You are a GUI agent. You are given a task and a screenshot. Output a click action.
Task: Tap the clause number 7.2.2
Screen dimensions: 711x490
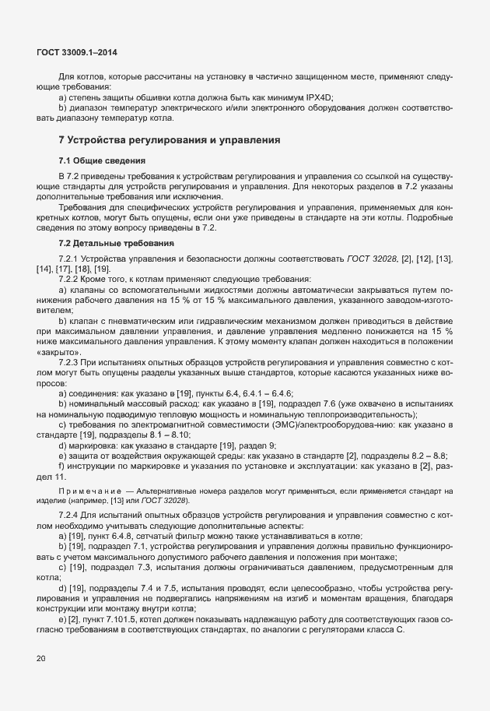71,279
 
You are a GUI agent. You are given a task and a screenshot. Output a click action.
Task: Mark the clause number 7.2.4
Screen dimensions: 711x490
71,517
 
